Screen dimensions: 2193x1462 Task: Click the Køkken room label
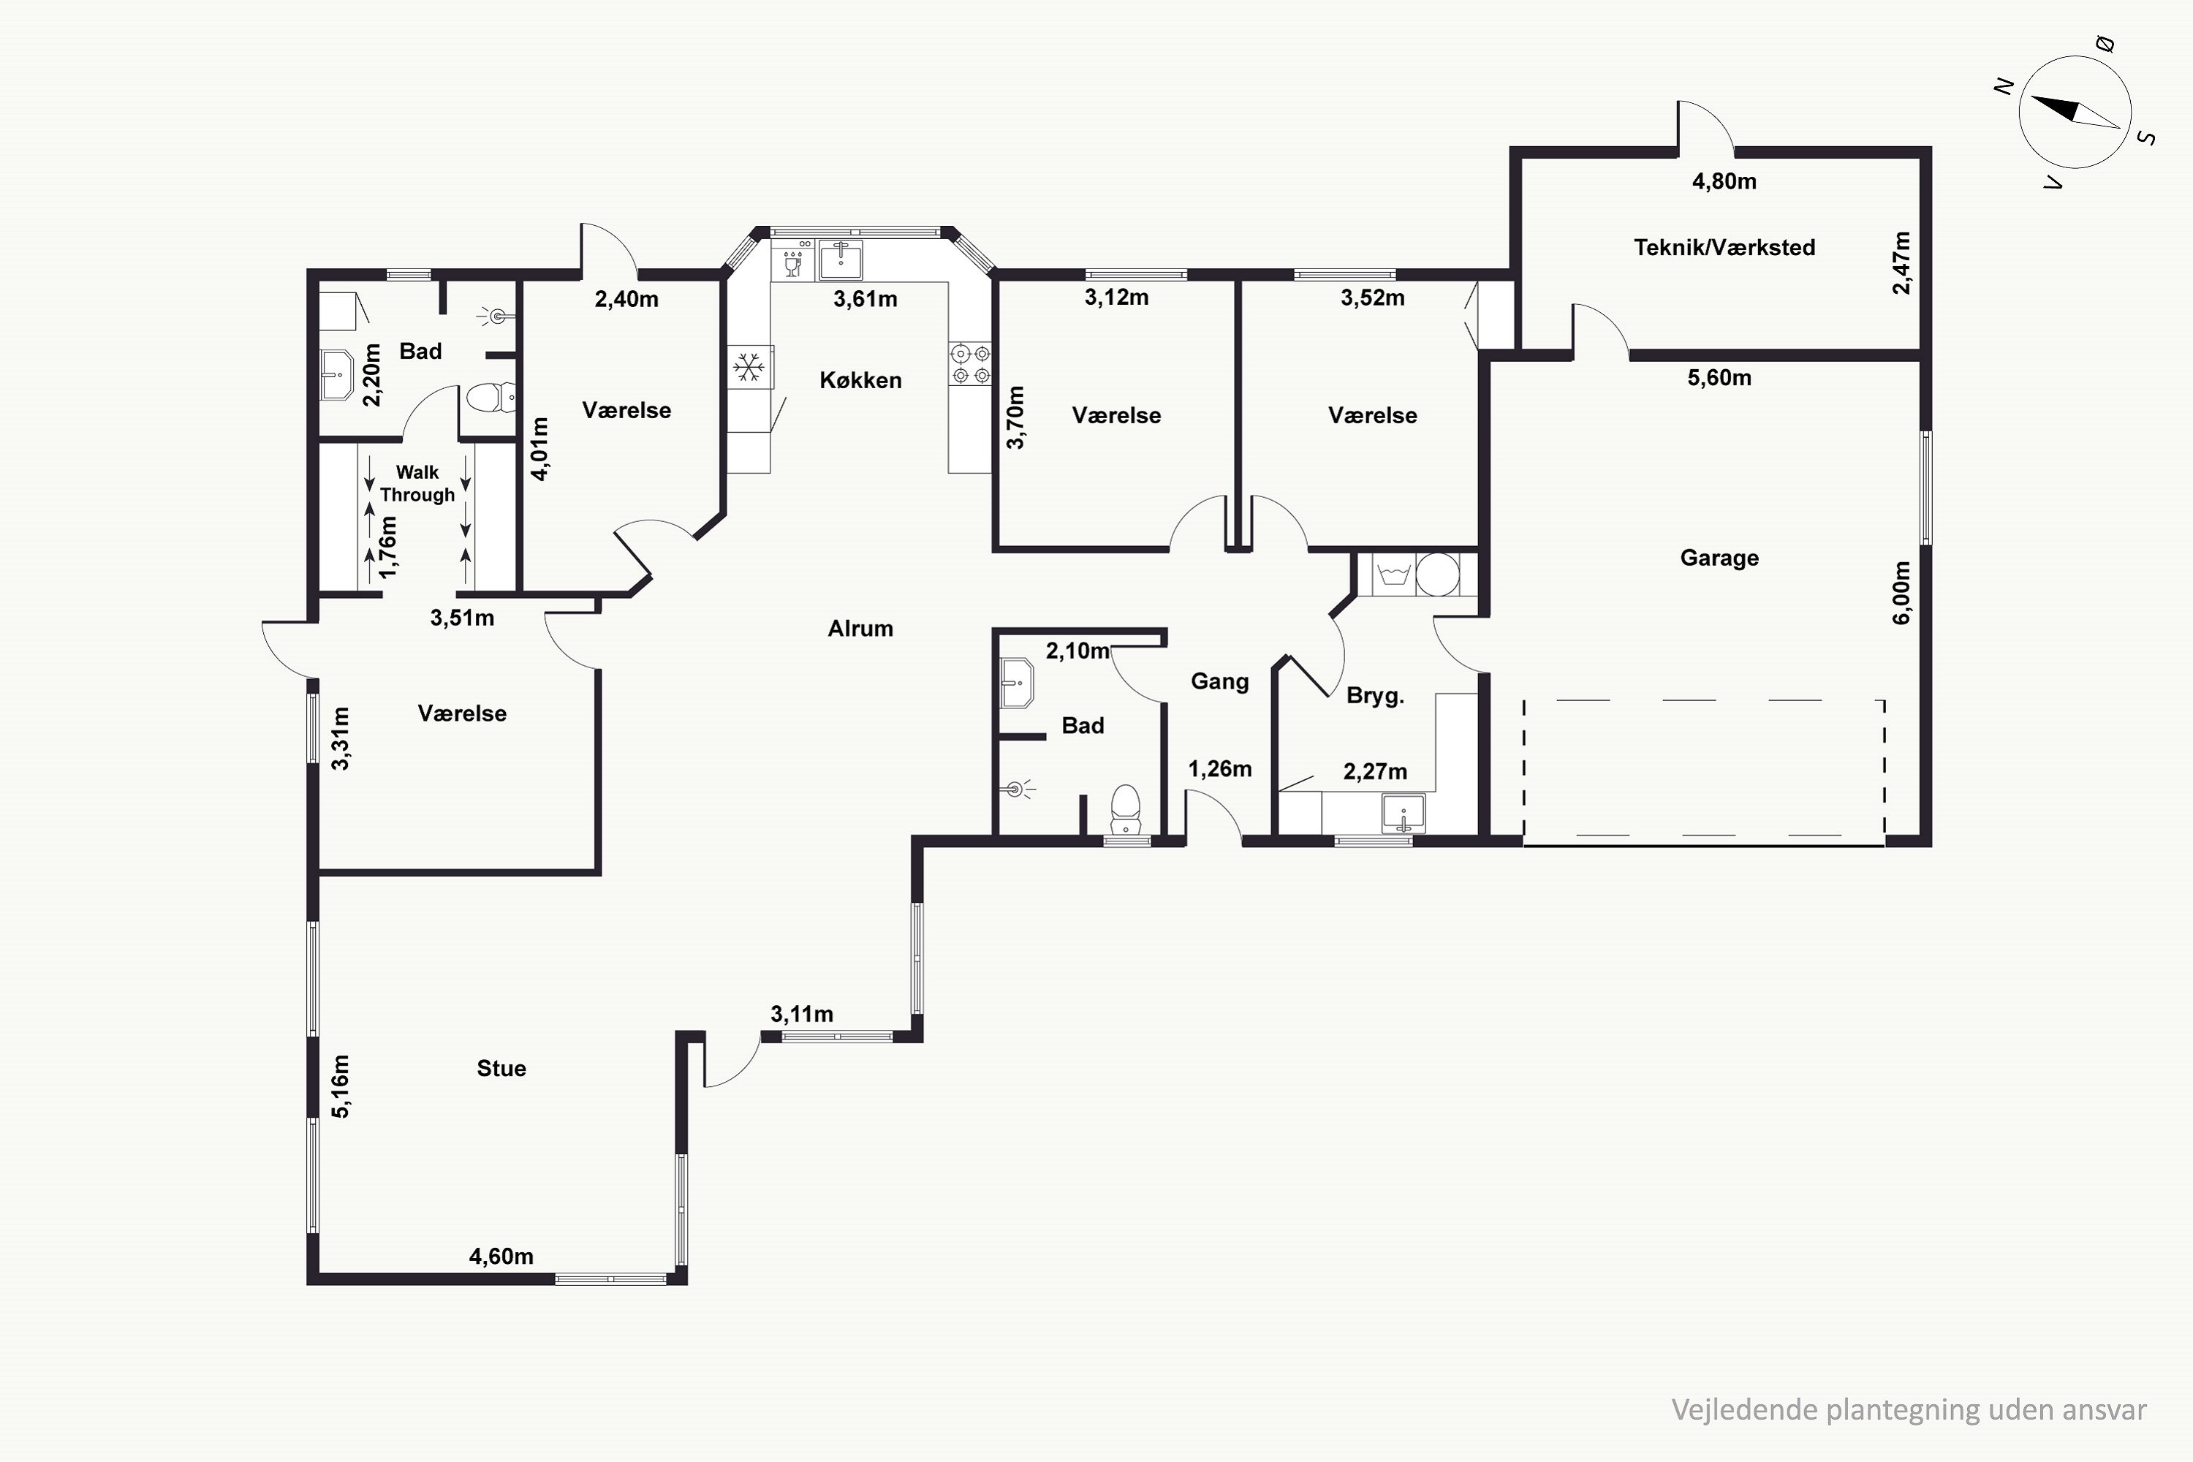(860, 380)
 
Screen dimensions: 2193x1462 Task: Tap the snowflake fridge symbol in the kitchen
(749, 368)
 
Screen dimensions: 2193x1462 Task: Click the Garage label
(1719, 558)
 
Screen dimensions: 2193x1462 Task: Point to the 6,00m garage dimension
(1902, 592)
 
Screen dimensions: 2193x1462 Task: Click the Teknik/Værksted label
(1724, 247)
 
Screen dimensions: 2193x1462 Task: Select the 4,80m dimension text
(1724, 181)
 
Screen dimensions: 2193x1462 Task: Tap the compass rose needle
(2075, 112)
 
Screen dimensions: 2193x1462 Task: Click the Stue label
(501, 1069)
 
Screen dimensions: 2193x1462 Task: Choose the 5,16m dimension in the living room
(341, 1086)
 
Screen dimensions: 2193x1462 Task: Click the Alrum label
(860, 629)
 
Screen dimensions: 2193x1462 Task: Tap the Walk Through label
(417, 483)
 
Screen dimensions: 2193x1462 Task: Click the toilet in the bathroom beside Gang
(1126, 809)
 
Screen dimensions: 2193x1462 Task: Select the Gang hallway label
(1219, 681)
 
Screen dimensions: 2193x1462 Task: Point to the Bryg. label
(1375, 696)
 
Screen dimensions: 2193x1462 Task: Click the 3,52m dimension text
(1373, 298)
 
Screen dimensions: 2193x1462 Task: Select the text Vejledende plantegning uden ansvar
(1909, 1410)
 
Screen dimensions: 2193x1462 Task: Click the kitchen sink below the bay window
(840, 260)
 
